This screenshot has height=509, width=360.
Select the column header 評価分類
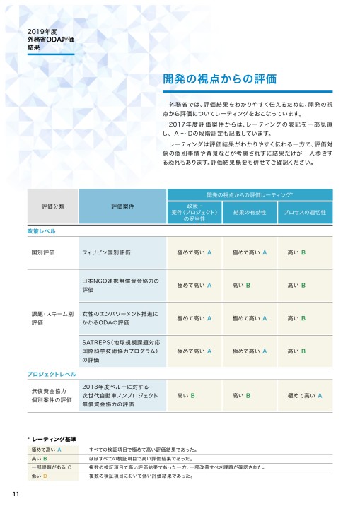click(x=53, y=206)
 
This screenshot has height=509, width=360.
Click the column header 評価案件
click(x=124, y=206)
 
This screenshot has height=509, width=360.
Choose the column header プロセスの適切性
click(x=304, y=211)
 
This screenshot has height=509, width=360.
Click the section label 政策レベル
click(x=42, y=231)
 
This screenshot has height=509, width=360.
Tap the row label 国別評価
click(x=43, y=252)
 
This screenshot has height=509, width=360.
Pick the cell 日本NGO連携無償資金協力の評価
click(x=120, y=285)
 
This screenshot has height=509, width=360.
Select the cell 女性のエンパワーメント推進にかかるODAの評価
click(x=120, y=317)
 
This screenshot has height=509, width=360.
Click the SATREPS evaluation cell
click(x=120, y=350)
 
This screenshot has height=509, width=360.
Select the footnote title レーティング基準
click(x=56, y=439)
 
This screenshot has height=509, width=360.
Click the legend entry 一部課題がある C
click(x=52, y=468)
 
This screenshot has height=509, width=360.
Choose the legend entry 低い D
click(x=39, y=477)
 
